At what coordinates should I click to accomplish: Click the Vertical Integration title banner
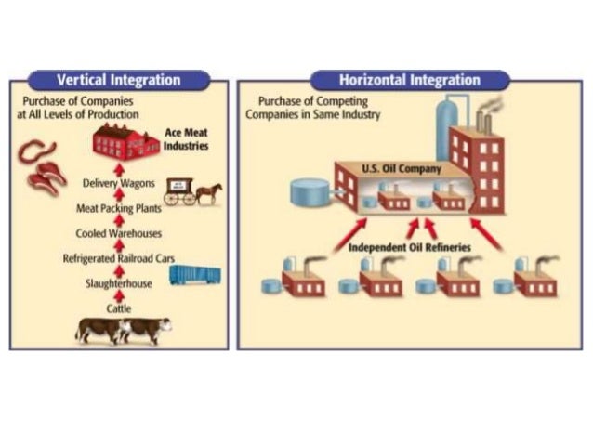pyautogui.click(x=118, y=80)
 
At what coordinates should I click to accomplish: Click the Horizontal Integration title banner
pyautogui.click(x=410, y=80)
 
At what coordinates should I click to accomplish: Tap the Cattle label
pyautogui.click(x=118, y=308)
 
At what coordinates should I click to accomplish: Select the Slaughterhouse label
pyautogui.click(x=118, y=282)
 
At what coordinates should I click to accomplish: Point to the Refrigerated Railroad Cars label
pyautogui.click(x=118, y=257)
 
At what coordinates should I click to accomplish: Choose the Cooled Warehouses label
pyautogui.click(x=118, y=232)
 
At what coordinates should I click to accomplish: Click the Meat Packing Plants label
pyautogui.click(x=118, y=207)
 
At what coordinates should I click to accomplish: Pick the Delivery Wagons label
pyautogui.click(x=117, y=182)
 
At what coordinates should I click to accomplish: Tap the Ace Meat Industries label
pyautogui.click(x=187, y=139)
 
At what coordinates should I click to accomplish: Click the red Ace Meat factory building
pyautogui.click(x=125, y=142)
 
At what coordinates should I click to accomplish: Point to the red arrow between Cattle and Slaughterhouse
pyautogui.click(x=118, y=295)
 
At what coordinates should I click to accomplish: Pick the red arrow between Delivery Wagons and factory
pyautogui.click(x=118, y=167)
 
